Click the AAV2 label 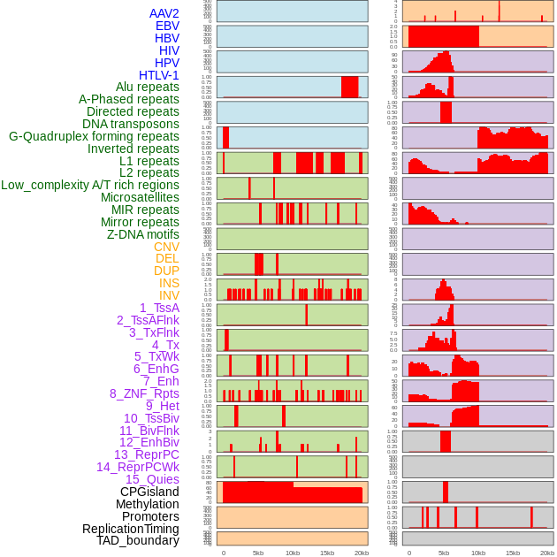click(x=164, y=13)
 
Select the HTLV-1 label click(x=158, y=75)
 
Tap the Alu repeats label click(x=147, y=87)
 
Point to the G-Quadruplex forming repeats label click(x=94, y=136)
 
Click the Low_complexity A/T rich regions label click(x=90, y=185)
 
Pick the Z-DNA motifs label click(x=142, y=234)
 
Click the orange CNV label click(x=166, y=247)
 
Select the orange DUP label click(x=166, y=271)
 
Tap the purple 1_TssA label click(x=159, y=308)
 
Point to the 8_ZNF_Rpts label click(x=144, y=393)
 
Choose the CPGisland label click(x=149, y=492)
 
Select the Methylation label click(x=147, y=504)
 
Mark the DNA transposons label click(x=131, y=124)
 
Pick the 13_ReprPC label click(x=146, y=454)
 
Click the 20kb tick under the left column click(x=361, y=553)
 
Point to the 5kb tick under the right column click(x=444, y=553)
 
